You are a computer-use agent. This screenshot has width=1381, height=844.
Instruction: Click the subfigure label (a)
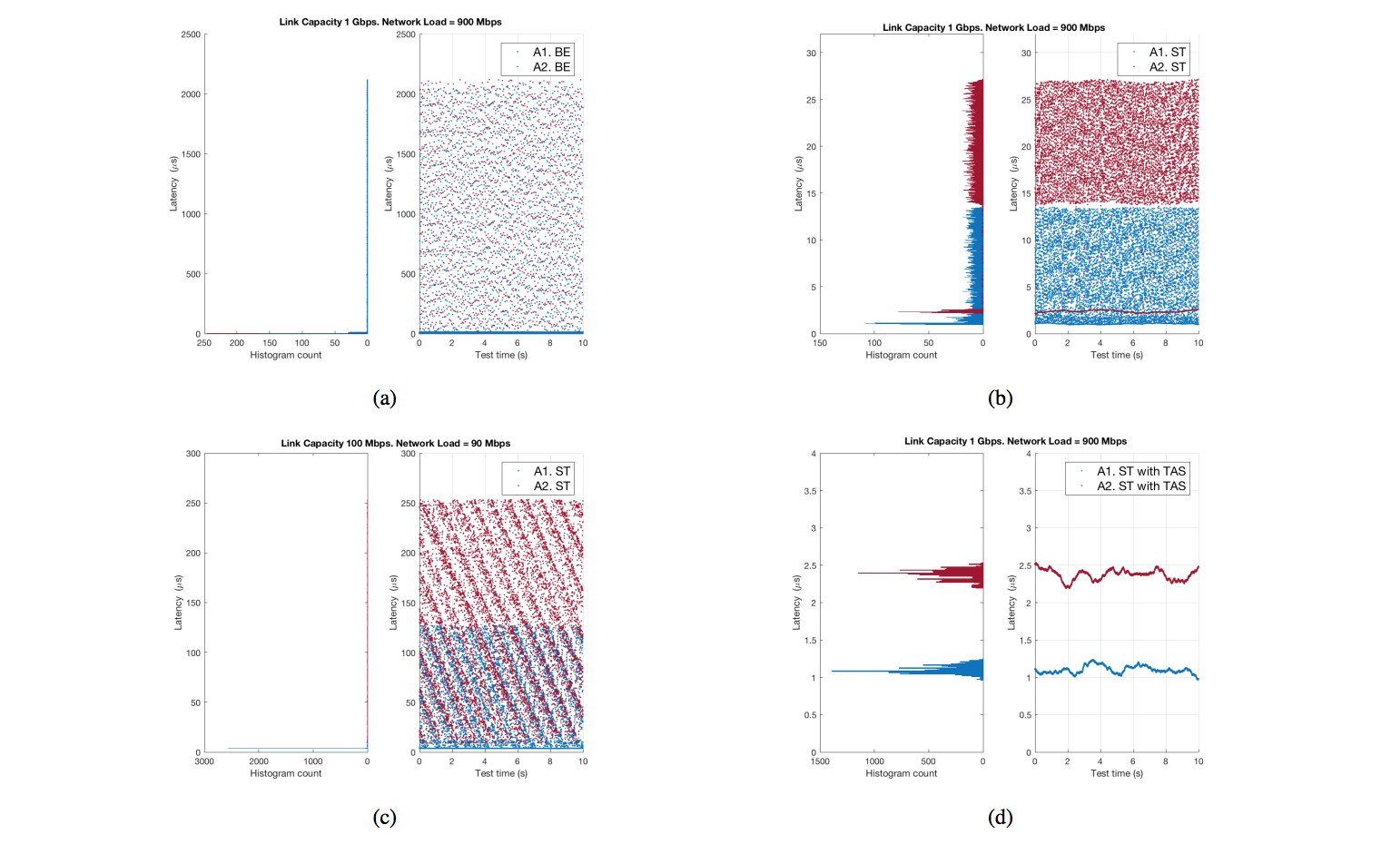tap(384, 397)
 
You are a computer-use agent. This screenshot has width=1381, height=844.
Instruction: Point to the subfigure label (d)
tap(1000, 817)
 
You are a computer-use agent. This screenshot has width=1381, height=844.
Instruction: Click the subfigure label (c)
tap(384, 817)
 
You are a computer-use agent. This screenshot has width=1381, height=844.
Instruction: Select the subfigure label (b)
tap(1000, 397)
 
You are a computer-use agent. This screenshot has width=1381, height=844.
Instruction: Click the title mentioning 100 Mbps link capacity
tap(395, 443)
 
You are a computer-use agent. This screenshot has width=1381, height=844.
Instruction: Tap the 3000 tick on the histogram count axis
tap(204, 761)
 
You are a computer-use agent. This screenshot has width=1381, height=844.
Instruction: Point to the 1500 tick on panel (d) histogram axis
tap(820, 761)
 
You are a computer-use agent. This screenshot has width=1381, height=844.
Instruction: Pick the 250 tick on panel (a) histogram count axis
tap(204, 343)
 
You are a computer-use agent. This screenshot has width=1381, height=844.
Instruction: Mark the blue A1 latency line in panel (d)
tap(1117, 669)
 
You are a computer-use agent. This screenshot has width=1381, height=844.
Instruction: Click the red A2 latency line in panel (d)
tap(1117, 572)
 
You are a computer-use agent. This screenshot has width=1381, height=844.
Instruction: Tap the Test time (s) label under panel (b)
tap(1116, 355)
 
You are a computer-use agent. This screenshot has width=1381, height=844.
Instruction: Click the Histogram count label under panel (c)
tap(285, 773)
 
